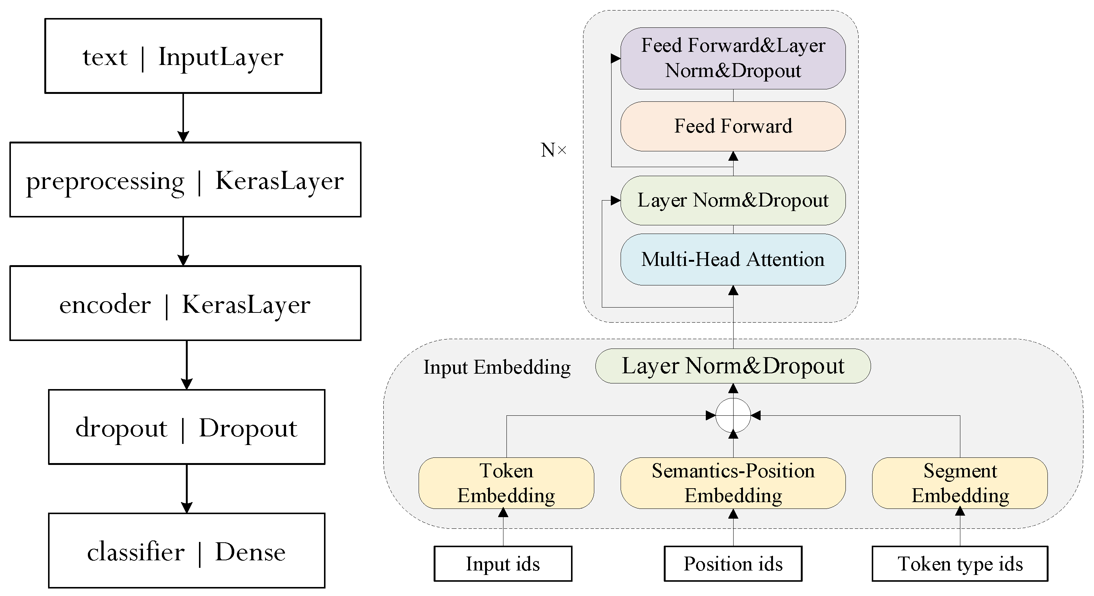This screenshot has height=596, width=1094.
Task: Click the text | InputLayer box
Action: (x=183, y=56)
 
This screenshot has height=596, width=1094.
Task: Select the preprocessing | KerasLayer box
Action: (x=185, y=180)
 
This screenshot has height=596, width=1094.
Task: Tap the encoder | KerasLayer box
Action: (x=185, y=303)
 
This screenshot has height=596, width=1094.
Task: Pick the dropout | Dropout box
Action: (x=187, y=427)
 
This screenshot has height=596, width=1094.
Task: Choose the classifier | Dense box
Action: (x=187, y=551)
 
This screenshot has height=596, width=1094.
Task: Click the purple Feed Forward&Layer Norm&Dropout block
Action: (x=733, y=58)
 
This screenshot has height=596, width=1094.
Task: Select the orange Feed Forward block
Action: (x=733, y=126)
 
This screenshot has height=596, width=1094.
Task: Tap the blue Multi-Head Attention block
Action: (x=733, y=260)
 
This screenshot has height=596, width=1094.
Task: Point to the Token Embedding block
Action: (x=506, y=483)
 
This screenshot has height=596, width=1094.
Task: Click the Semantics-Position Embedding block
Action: (x=733, y=483)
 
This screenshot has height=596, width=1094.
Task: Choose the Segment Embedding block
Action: (x=960, y=483)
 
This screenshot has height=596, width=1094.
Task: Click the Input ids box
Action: (x=503, y=564)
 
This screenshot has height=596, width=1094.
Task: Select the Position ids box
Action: (x=733, y=564)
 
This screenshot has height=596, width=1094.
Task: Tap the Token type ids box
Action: (x=960, y=564)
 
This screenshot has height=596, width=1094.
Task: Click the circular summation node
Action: (x=733, y=415)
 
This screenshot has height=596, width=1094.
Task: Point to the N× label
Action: (x=553, y=150)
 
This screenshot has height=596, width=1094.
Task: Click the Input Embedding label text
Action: (x=497, y=367)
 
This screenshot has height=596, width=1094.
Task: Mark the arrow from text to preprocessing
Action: (x=183, y=117)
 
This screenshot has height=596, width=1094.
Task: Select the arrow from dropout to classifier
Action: (x=187, y=489)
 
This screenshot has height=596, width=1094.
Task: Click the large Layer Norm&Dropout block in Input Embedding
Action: (x=733, y=366)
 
